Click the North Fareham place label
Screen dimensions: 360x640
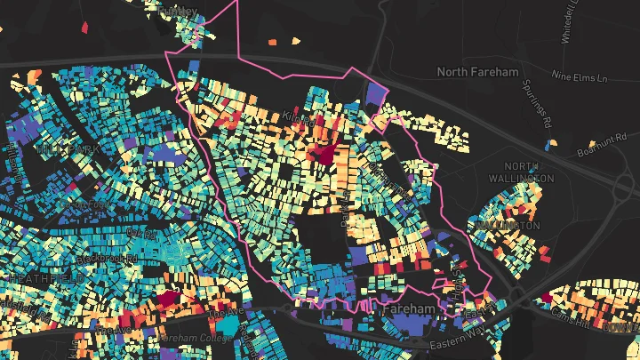[x=477, y=70]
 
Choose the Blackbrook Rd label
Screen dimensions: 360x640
[x=107, y=257]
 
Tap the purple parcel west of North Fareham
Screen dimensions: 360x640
[x=374, y=94]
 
